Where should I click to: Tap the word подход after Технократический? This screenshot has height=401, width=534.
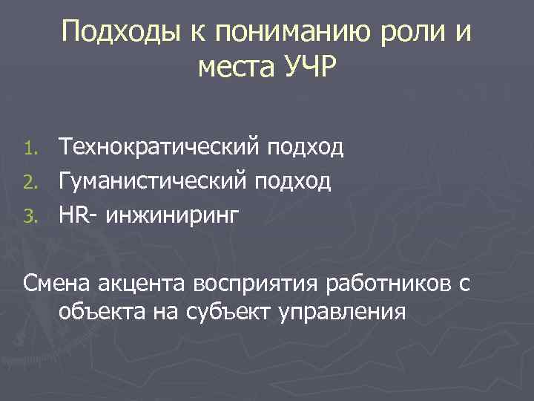tap(307, 147)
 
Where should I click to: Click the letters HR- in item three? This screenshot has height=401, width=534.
tap(78, 214)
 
